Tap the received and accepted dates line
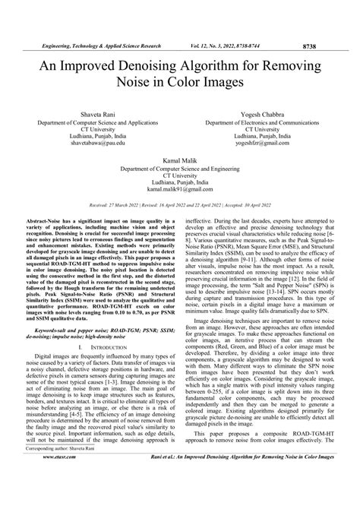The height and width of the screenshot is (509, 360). pyautogui.click(x=179, y=206)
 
